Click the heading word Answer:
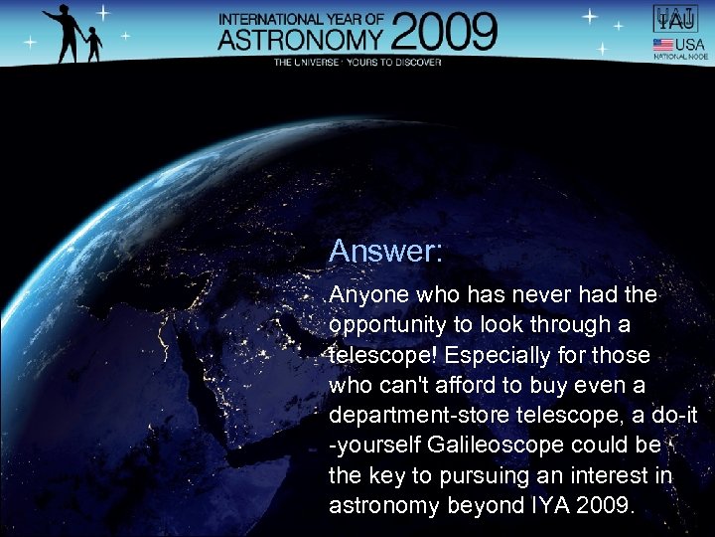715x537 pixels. click(x=385, y=251)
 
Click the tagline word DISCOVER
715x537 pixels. click(x=413, y=62)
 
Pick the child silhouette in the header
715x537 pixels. click(x=93, y=44)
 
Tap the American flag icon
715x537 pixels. click(x=662, y=45)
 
